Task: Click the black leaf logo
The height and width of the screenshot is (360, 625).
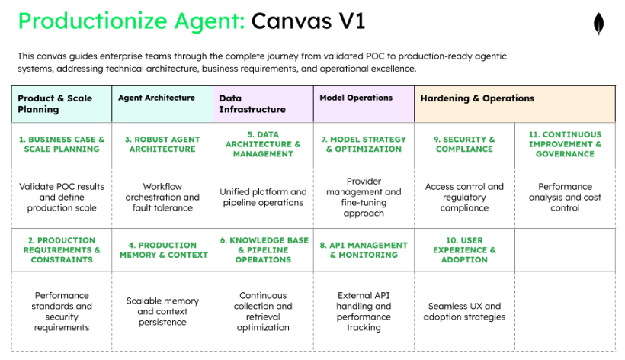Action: [598, 24]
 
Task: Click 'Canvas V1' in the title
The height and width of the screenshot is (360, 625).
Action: [308, 21]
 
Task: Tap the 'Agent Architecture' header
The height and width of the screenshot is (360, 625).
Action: [156, 98]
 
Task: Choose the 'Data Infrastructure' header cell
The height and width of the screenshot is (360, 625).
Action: [252, 104]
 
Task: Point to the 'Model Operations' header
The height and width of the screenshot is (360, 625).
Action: [356, 98]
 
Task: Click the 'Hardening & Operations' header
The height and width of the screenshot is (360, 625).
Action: [477, 98]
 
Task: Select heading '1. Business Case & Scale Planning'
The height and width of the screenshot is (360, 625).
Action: [62, 144]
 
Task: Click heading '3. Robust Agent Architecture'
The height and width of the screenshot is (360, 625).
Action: [162, 144]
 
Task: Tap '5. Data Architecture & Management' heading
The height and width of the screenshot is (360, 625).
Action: [263, 144]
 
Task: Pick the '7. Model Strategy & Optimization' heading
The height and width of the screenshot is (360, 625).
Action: [364, 144]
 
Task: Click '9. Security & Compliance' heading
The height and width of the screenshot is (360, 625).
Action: [464, 144]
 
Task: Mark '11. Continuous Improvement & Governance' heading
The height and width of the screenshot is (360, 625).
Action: [565, 144]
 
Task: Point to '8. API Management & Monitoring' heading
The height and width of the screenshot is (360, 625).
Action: [364, 250]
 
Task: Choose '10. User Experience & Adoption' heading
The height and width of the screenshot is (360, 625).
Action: [464, 250]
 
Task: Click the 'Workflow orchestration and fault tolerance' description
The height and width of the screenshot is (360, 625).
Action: [162, 197]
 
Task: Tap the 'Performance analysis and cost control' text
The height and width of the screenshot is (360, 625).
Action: [565, 197]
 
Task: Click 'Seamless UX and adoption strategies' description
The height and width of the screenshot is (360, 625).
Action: [464, 311]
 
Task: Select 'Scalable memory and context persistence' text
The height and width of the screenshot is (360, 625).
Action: [162, 311]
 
